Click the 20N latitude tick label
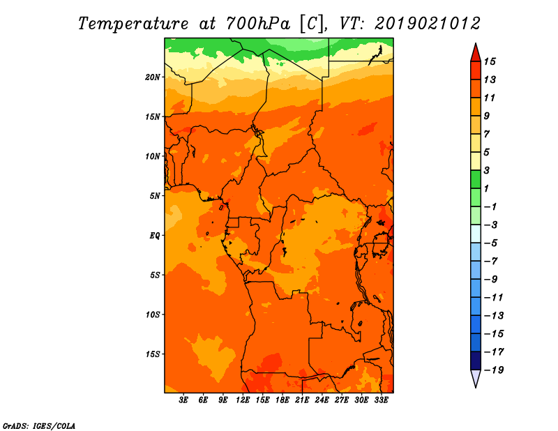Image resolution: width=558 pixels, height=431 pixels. click(x=153, y=77)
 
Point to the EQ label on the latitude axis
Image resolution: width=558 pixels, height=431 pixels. click(x=155, y=236)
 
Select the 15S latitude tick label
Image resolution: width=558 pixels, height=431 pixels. click(x=153, y=354)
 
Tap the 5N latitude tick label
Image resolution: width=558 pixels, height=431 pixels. click(x=155, y=196)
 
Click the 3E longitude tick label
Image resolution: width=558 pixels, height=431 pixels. click(x=183, y=400)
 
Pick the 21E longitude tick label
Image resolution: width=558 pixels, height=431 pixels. click(x=302, y=400)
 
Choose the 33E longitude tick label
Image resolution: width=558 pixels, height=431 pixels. click(x=381, y=400)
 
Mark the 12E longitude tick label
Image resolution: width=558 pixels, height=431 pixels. click(x=243, y=400)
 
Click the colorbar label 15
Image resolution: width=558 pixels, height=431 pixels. click(x=490, y=61)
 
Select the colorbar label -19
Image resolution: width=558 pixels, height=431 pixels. click(x=494, y=370)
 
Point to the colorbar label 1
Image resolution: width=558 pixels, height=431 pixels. click(x=486, y=188)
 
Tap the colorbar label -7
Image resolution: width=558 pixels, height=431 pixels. click(x=490, y=262)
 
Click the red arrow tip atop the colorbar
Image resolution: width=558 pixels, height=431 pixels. click(x=476, y=44)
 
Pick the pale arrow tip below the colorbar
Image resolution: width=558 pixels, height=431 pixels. click(x=476, y=386)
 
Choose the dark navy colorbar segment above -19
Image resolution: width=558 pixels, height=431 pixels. click(x=476, y=361)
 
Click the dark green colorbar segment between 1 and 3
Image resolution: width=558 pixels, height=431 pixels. click(x=476, y=179)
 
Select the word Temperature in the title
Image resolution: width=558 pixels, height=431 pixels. click(x=133, y=24)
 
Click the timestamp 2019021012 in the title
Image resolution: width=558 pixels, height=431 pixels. click(x=428, y=24)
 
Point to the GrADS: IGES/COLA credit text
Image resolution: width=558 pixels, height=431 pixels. click(x=39, y=426)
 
